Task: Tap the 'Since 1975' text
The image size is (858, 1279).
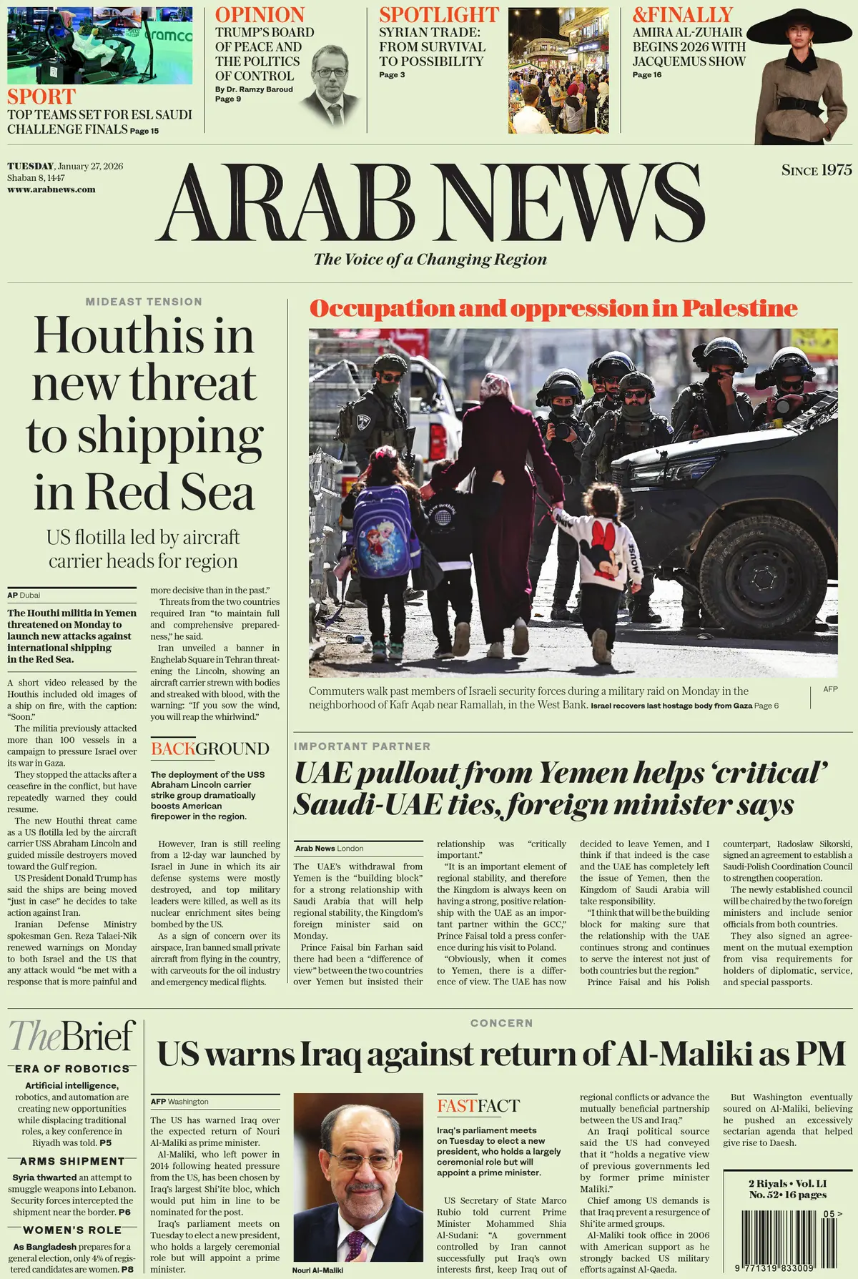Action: pos(817,170)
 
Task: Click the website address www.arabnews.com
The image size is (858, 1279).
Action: pos(51,189)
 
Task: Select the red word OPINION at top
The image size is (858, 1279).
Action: pos(260,15)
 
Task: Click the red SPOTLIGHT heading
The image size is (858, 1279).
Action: pos(439,15)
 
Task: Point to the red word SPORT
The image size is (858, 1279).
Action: pos(41,97)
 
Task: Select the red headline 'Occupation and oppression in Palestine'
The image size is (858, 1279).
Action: pos(553,308)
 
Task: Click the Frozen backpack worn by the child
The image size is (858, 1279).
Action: pos(386,532)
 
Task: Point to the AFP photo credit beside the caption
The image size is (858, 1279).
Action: pos(830,689)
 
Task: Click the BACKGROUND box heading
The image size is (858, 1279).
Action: pos(209,749)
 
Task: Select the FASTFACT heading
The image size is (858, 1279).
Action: pos(478,1106)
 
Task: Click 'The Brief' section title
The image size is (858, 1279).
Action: pos(72,1036)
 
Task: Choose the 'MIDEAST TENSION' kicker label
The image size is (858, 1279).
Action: pos(144,302)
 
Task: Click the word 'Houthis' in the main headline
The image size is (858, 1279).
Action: pos(144,336)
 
